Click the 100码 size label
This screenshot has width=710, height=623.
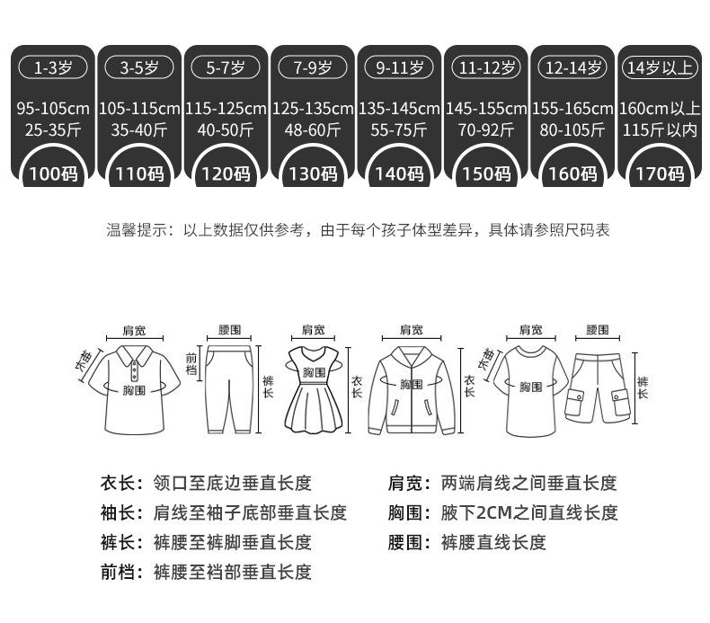click(53, 174)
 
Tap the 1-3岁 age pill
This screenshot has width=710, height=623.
click(53, 67)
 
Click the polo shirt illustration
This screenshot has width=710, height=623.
click(133, 387)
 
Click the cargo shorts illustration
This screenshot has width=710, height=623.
click(597, 387)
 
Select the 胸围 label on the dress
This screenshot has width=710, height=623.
click(314, 372)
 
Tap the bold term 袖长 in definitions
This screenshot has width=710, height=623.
click(120, 513)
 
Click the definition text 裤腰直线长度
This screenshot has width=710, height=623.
click(493, 543)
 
